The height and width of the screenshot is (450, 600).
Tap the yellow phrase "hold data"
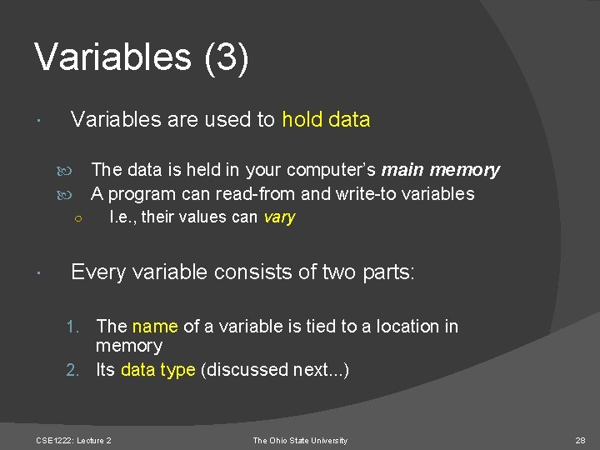click(x=326, y=120)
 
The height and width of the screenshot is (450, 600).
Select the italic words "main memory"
click(x=441, y=171)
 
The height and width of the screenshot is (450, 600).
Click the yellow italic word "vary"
click(x=279, y=217)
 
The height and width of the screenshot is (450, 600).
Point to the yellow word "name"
click(x=155, y=327)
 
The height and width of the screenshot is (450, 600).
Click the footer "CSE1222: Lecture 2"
click(x=73, y=440)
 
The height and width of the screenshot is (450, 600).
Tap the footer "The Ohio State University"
click(x=300, y=440)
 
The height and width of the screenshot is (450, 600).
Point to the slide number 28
click(x=581, y=440)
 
